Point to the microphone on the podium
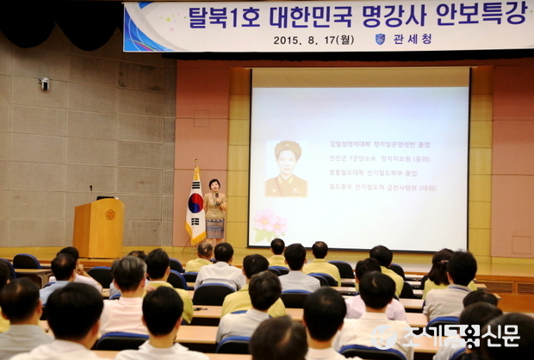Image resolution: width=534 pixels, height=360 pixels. [x=91, y=191]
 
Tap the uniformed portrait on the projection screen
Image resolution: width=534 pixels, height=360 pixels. [x=286, y=169]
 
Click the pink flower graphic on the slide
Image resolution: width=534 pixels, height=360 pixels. [x=270, y=225]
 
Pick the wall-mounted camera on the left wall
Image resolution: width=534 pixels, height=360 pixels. [x=45, y=84]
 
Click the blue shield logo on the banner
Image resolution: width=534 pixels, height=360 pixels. [x=380, y=39]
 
